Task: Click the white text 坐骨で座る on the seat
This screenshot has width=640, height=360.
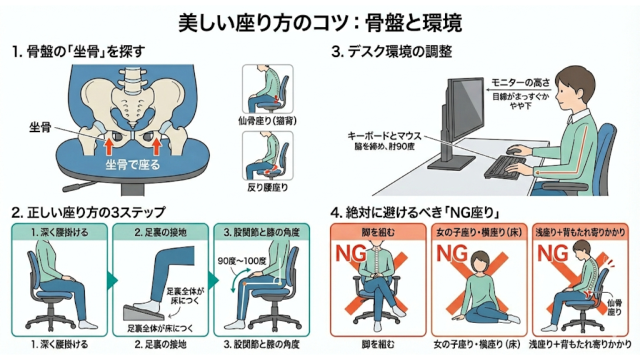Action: (x=132, y=166)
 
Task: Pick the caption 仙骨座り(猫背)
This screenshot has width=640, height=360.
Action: (x=266, y=119)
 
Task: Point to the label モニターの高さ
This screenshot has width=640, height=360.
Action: (x=520, y=84)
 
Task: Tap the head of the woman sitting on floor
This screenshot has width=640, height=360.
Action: (x=480, y=260)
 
